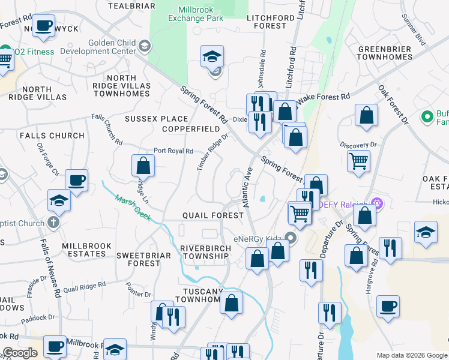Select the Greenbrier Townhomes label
click(x=384, y=53)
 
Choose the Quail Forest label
click(x=205, y=215)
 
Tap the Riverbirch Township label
click(x=205, y=252)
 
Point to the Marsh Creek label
click(x=133, y=206)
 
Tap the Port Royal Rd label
click(x=173, y=151)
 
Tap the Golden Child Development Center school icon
click(x=144, y=46)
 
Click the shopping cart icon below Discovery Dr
click(x=358, y=160)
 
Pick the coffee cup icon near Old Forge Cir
click(x=76, y=180)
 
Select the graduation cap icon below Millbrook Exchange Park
click(x=212, y=56)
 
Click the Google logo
click(x=20, y=353)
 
